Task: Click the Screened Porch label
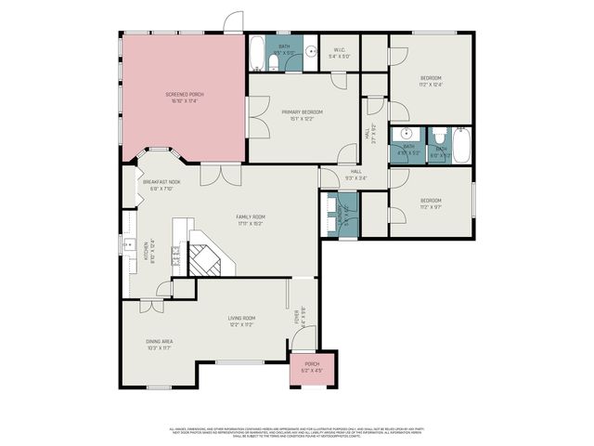pos(184,98)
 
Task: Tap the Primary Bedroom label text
pos(302,114)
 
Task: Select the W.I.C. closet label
pos(339,54)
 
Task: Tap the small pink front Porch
pos(312,367)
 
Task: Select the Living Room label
pos(241,321)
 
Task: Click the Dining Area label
pos(161,344)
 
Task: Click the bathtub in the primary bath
pos(255,53)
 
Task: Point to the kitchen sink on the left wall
pos(129,245)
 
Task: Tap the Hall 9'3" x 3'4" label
pos(355,174)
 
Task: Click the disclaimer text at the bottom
pos(297,431)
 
